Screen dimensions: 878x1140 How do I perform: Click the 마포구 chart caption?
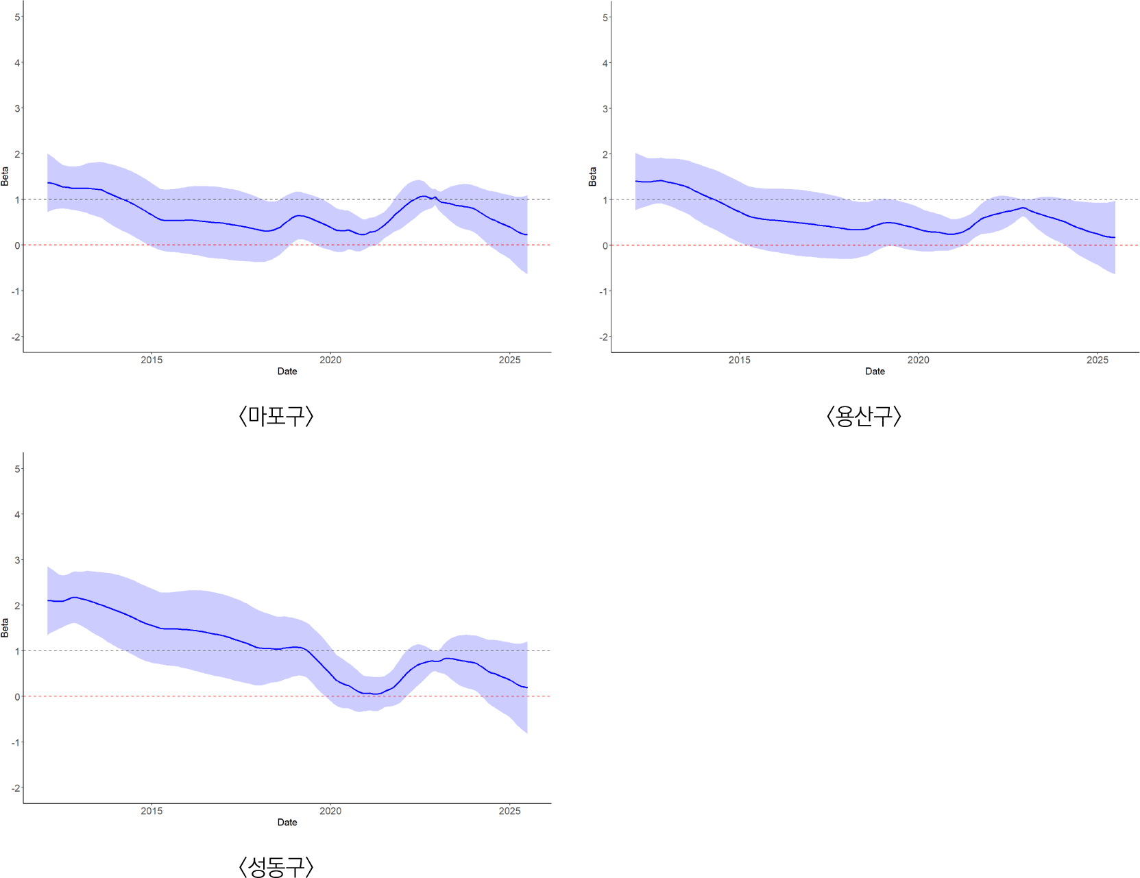(x=276, y=416)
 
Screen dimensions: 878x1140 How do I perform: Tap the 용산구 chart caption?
(x=863, y=416)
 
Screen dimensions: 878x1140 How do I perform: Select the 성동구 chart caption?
(x=276, y=866)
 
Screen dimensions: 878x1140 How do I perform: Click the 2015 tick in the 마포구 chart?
(x=151, y=360)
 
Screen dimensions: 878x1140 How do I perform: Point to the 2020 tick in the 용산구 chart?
(x=918, y=360)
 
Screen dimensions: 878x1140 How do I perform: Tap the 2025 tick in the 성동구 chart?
(x=509, y=811)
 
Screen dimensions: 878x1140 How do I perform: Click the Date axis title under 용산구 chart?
(x=875, y=371)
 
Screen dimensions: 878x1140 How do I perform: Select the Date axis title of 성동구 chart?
(x=287, y=822)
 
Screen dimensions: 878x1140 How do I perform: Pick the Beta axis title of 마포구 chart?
(x=5, y=176)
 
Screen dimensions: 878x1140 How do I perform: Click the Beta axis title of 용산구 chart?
(x=592, y=176)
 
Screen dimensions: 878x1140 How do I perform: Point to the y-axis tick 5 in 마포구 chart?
(x=17, y=17)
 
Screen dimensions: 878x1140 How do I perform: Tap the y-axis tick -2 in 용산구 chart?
(x=603, y=337)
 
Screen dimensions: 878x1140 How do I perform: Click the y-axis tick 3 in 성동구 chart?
(x=17, y=560)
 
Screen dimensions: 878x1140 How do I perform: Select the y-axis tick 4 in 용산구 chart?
(x=605, y=63)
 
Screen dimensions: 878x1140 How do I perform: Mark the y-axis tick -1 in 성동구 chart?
(x=16, y=742)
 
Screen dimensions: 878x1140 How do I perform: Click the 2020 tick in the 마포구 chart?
(x=330, y=360)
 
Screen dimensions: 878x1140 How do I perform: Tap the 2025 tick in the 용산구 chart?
(x=1097, y=360)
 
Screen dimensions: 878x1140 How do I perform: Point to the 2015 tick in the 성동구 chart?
(x=151, y=811)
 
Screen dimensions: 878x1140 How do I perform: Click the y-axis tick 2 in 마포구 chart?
(x=17, y=154)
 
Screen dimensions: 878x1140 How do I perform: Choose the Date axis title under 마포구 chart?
(x=287, y=371)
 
